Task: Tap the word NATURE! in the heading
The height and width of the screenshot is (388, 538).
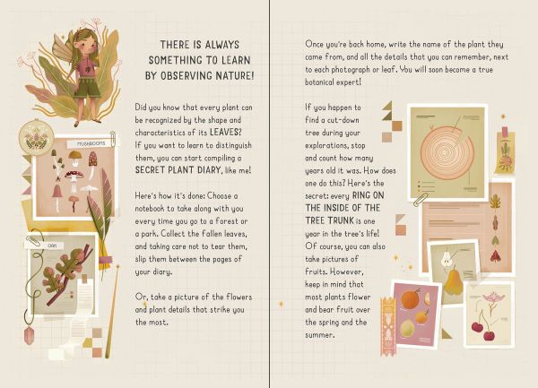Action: click(235, 76)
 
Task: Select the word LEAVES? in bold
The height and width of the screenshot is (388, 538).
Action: click(225, 133)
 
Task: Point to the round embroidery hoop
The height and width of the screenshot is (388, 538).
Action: click(37, 137)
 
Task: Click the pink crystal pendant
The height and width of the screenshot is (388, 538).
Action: click(29, 335)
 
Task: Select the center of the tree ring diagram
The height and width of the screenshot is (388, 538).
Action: click(447, 151)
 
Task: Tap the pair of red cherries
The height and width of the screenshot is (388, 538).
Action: click(483, 331)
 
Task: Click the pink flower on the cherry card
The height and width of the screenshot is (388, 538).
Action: click(492, 297)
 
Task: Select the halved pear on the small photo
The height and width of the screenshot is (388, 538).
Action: click(446, 259)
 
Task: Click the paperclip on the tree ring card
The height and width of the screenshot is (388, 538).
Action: click(421, 200)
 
